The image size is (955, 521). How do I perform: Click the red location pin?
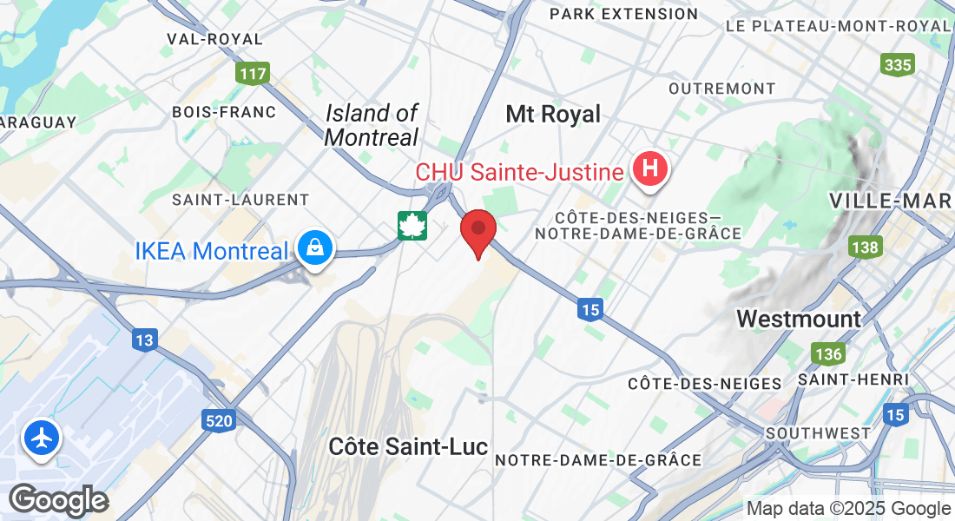pyautogui.click(x=477, y=231)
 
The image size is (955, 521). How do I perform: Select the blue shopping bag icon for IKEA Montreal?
pyautogui.click(x=313, y=249)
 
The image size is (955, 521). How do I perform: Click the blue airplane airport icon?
pyautogui.click(x=41, y=438)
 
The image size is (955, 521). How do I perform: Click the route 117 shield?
pyautogui.click(x=253, y=74)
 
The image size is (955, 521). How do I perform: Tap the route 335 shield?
pyautogui.click(x=897, y=64)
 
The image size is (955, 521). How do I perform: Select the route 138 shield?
pyautogui.click(x=865, y=248)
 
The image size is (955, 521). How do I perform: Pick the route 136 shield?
pyautogui.click(x=828, y=354)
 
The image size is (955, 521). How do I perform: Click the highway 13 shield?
pyautogui.click(x=144, y=340)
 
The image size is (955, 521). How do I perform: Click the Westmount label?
pyautogui.click(x=799, y=319)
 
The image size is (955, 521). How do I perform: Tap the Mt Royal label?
pyautogui.click(x=553, y=115)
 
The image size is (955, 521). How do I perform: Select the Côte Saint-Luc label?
pyautogui.click(x=408, y=446)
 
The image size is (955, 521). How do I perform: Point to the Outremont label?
pyautogui.click(x=721, y=89)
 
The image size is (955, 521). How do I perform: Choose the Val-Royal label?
pyautogui.click(x=215, y=39)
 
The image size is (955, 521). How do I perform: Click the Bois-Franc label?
pyautogui.click(x=224, y=112)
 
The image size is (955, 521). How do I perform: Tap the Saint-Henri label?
pyautogui.click(x=853, y=379)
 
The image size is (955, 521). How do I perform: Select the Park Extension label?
pyautogui.click(x=623, y=14)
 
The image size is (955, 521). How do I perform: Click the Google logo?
pyautogui.click(x=58, y=500)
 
